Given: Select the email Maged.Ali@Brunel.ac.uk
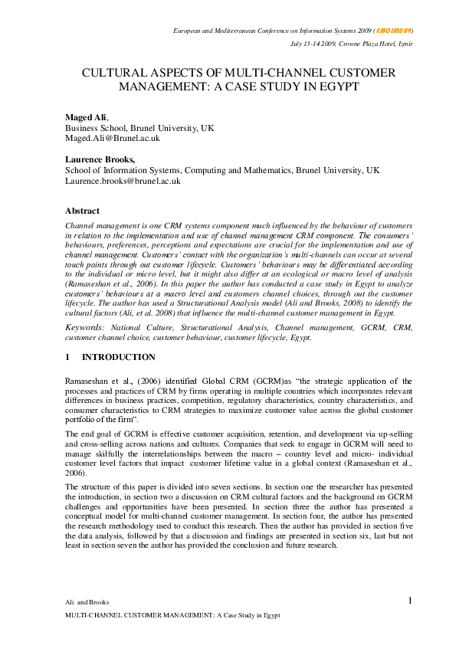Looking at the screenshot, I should [x=112, y=139].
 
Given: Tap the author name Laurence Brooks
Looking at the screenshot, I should [x=100, y=159].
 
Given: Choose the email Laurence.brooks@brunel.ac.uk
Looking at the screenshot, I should [x=123, y=182].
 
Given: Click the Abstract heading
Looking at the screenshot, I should [x=82, y=211].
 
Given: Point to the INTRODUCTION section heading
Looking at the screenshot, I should [x=118, y=357].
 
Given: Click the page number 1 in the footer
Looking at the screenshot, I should [x=410, y=601].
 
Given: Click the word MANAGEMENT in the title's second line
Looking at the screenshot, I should [x=139, y=87].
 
